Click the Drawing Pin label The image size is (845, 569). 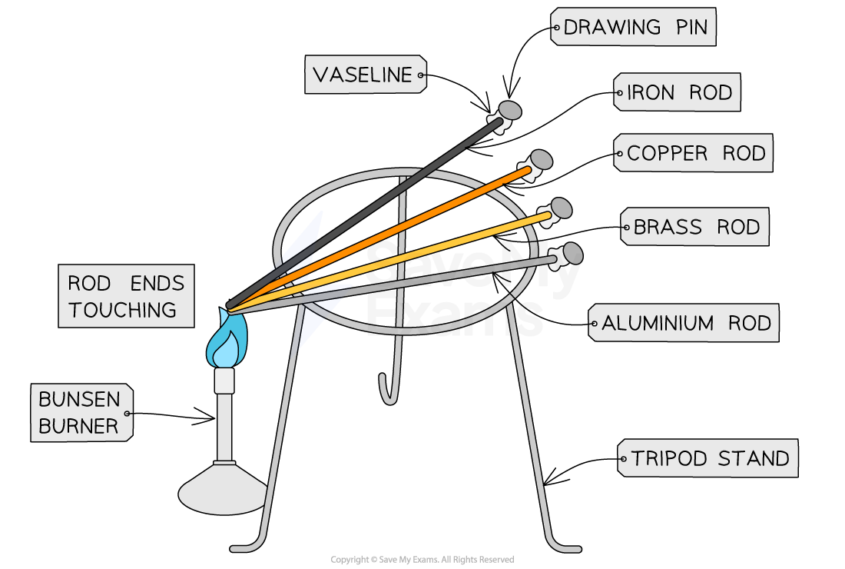[633, 27]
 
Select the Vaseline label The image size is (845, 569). [365, 75]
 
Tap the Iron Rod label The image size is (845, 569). [677, 92]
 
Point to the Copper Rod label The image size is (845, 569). [693, 153]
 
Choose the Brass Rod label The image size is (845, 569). [694, 227]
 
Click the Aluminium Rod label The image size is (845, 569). [683, 322]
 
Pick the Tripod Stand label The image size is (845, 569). [707, 458]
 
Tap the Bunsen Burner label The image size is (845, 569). [81, 413]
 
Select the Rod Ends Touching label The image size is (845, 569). [125, 296]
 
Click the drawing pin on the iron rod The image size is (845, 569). [509, 111]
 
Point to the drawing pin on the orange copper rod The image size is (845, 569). [540, 160]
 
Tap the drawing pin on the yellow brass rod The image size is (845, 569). [561, 208]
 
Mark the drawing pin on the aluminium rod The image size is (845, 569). [572, 252]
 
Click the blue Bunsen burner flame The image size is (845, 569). [227, 344]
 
